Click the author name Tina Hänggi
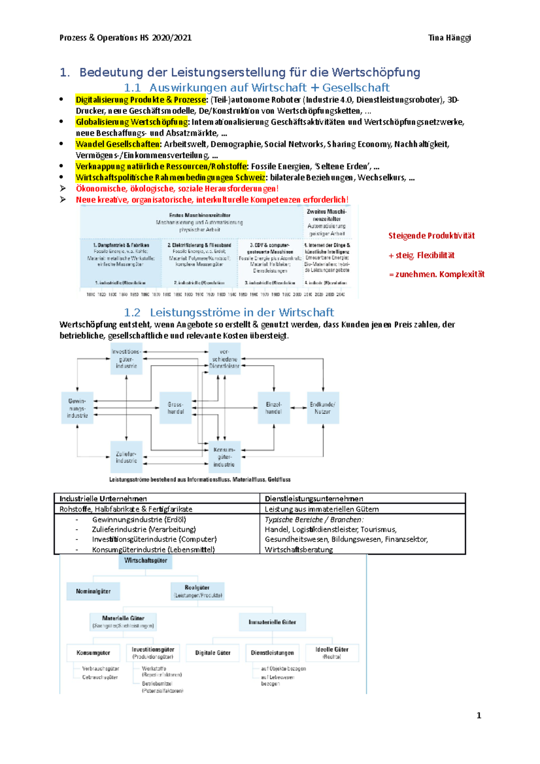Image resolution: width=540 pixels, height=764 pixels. pyautogui.click(x=449, y=38)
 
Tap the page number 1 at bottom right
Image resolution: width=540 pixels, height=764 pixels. pyautogui.click(x=479, y=715)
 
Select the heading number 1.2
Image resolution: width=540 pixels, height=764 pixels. pyautogui.click(x=132, y=312)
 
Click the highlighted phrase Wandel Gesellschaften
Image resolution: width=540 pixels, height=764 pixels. pyautogui.click(x=118, y=144)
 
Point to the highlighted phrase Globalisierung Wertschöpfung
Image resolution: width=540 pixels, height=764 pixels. pyautogui.click(x=132, y=122)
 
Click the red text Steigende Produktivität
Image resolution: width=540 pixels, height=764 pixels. pyautogui.click(x=431, y=236)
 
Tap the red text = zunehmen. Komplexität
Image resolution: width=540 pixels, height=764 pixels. pyautogui.click(x=436, y=274)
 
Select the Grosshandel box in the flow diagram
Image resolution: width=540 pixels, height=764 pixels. pyautogui.click(x=175, y=408)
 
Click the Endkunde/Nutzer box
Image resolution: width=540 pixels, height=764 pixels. pyautogui.click(x=323, y=408)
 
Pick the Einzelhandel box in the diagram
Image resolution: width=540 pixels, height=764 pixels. pyautogui.click(x=274, y=408)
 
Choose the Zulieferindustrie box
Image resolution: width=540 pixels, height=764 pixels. pyautogui.click(x=126, y=457)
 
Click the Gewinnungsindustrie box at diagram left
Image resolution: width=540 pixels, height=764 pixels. pyautogui.click(x=77, y=408)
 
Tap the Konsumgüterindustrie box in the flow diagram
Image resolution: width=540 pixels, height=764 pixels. pyautogui.click(x=224, y=457)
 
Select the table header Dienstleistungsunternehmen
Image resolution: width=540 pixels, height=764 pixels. pyautogui.click(x=314, y=499)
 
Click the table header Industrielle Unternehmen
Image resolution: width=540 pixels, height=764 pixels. pyautogui.click(x=103, y=499)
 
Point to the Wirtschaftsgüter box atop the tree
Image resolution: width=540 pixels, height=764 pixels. pyautogui.click(x=145, y=561)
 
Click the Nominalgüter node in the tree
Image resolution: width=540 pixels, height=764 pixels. pyautogui.click(x=93, y=591)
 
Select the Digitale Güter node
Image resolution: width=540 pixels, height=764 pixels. pyautogui.click(x=212, y=653)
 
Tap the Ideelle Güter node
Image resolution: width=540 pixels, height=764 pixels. pyautogui.click(x=332, y=653)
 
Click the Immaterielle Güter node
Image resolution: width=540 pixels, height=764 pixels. pyautogui.click(x=272, y=622)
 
